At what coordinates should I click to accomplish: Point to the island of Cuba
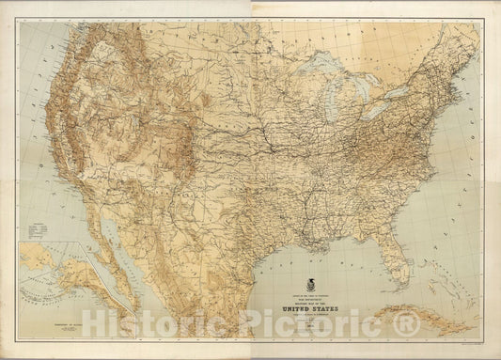coord(428,306)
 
